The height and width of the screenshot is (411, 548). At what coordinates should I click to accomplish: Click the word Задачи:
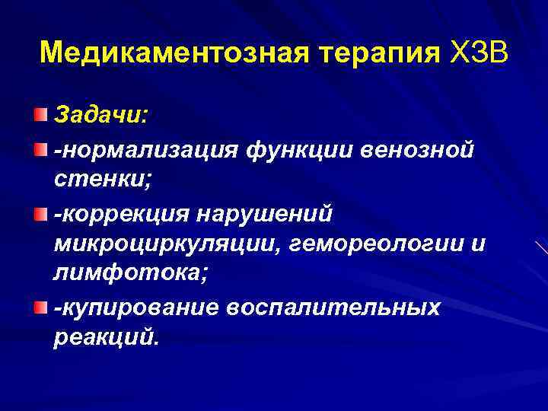[101, 116]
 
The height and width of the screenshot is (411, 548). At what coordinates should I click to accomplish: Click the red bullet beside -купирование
[39, 306]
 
